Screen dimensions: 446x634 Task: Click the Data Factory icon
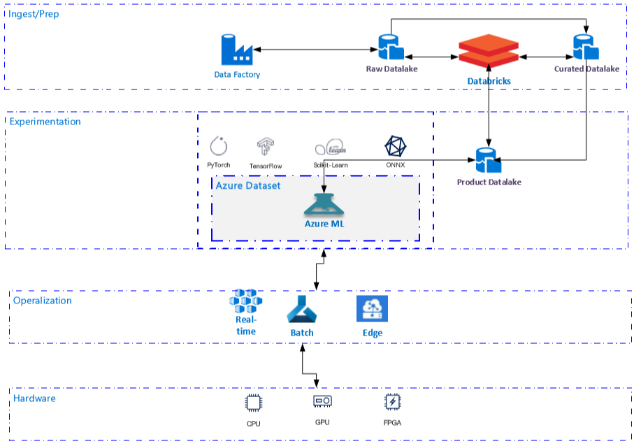coord(236,50)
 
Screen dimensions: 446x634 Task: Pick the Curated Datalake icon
coord(586,47)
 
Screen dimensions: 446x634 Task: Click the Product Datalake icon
coord(489,161)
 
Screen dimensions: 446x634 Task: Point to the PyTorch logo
coord(219,146)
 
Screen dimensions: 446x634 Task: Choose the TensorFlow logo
coord(266,147)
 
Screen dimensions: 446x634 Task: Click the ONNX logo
coord(396,147)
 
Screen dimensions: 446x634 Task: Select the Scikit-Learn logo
coord(331,148)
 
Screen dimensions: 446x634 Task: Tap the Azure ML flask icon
coord(324,204)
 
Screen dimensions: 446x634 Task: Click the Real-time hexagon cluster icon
coord(245,301)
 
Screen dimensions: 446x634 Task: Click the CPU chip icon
coord(252,403)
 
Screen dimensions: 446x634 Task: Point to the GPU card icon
coord(322,401)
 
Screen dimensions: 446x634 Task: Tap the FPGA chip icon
coord(393,402)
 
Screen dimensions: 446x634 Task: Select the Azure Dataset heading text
coord(247,186)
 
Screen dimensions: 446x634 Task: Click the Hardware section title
coord(34,398)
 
